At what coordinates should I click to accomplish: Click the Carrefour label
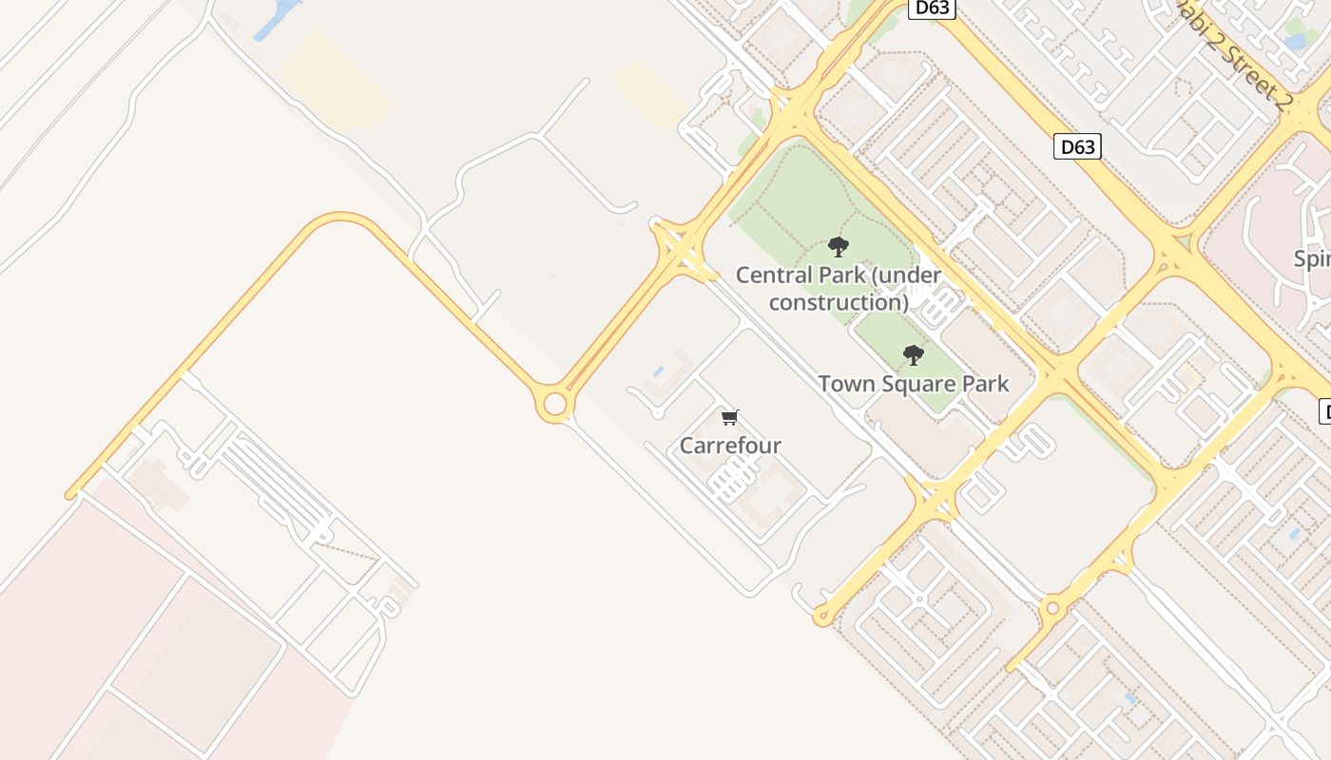point(730,446)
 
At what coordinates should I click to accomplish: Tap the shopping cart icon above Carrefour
point(730,417)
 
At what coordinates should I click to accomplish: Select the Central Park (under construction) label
point(839,289)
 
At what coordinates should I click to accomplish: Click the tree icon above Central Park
point(838,247)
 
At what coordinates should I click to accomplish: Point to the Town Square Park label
point(913,384)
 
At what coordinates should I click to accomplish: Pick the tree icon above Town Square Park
point(913,355)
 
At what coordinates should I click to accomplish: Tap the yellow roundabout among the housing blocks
point(1051,608)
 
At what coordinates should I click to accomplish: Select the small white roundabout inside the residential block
point(919,599)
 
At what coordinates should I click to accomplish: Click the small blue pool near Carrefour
point(659,370)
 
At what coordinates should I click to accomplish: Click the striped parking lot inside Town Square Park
point(941,304)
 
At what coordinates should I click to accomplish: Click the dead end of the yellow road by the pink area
point(70,494)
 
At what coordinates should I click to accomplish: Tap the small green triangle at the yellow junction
point(757,120)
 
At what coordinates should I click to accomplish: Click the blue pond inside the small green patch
point(1295,41)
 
